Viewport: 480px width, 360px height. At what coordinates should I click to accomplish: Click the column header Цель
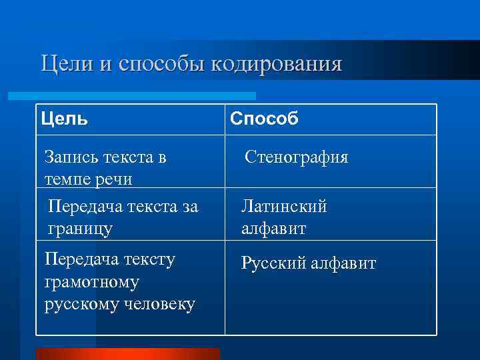tap(64, 119)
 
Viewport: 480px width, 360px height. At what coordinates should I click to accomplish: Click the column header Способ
tap(264, 119)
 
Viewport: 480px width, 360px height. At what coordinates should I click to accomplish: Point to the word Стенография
tap(296, 157)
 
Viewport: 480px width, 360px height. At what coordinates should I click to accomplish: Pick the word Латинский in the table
tap(284, 206)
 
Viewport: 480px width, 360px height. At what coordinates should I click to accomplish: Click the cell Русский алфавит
tap(308, 263)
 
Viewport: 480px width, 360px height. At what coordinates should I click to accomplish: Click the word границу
tap(81, 229)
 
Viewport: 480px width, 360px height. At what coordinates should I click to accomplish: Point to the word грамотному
tap(91, 282)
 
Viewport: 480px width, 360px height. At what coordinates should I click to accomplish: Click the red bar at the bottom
tap(127, 353)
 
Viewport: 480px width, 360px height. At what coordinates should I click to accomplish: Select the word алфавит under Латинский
tap(274, 229)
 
